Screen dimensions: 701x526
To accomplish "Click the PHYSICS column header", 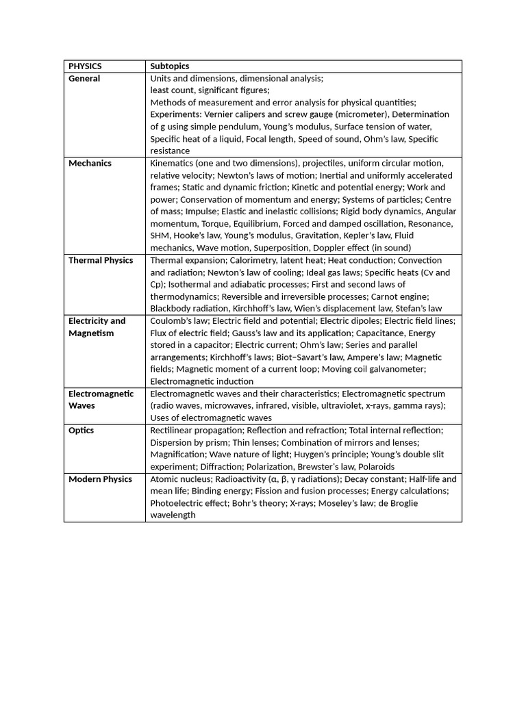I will click(85, 66).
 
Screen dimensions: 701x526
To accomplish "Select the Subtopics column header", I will click(170, 66).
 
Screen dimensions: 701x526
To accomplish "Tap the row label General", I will click(84, 79).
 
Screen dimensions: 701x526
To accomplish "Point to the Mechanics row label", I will click(90, 164).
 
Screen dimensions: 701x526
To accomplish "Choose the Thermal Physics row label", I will click(101, 260).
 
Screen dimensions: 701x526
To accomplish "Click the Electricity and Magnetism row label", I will click(97, 327).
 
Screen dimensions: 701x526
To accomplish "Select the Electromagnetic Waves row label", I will click(101, 400).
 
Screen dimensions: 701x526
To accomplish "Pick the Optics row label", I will click(82, 431).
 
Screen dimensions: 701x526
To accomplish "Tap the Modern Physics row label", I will click(100, 479).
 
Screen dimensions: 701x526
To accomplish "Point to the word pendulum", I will click(242, 127).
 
